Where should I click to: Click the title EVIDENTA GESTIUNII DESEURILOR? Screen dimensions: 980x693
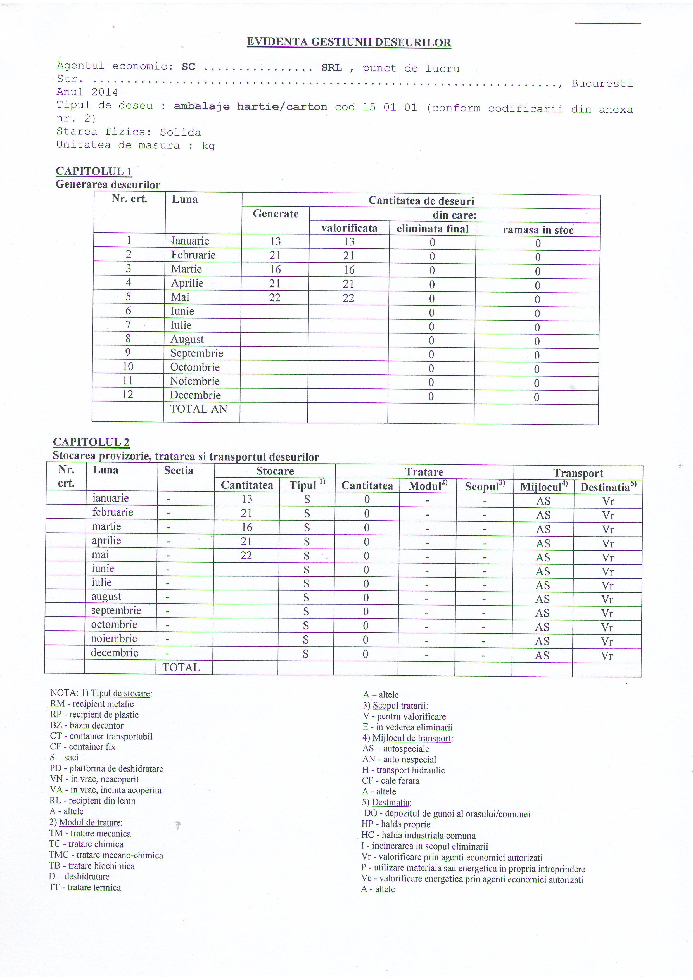click(349, 42)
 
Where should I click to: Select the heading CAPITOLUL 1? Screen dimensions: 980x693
click(94, 171)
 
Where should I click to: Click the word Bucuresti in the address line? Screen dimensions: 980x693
click(602, 83)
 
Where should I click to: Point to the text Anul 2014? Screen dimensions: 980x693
click(87, 92)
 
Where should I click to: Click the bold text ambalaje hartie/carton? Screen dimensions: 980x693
click(250, 107)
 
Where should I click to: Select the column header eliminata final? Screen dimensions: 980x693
click(432, 229)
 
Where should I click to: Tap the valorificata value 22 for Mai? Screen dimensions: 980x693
click(349, 298)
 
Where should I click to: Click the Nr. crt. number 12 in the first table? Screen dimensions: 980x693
click(128, 394)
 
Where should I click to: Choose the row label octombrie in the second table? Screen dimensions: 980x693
click(114, 625)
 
